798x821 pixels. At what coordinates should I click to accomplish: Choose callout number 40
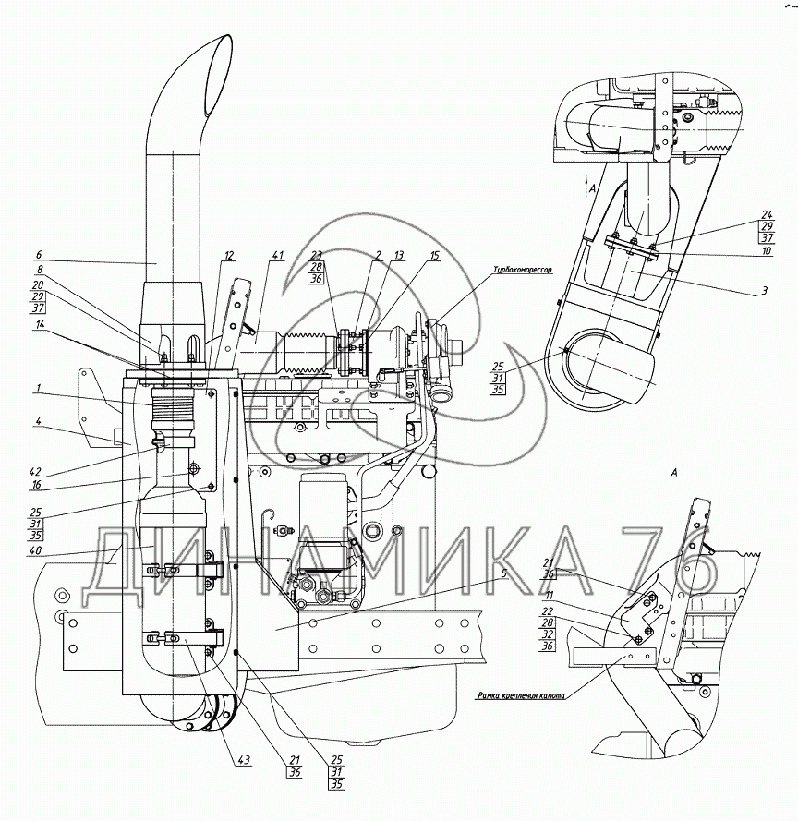pyautogui.click(x=34, y=552)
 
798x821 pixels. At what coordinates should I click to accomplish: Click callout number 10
pyautogui.click(x=766, y=249)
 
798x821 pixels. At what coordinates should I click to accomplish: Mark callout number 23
pyautogui.click(x=318, y=255)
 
